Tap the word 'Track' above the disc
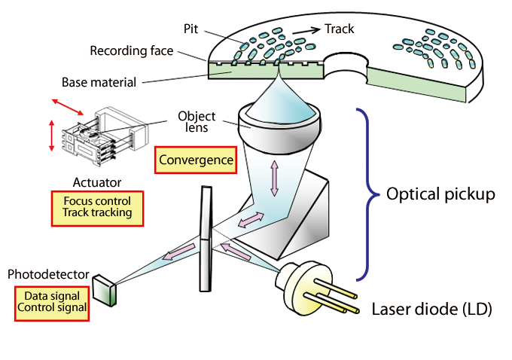[339, 29]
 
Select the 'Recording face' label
[132, 51]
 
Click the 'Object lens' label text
[197, 122]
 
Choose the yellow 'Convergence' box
[194, 160]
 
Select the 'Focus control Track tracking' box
[97, 207]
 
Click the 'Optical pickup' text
[440, 194]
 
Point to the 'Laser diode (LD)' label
[432, 309]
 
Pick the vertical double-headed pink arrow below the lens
[273, 178]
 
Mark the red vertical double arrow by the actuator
[51, 137]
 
